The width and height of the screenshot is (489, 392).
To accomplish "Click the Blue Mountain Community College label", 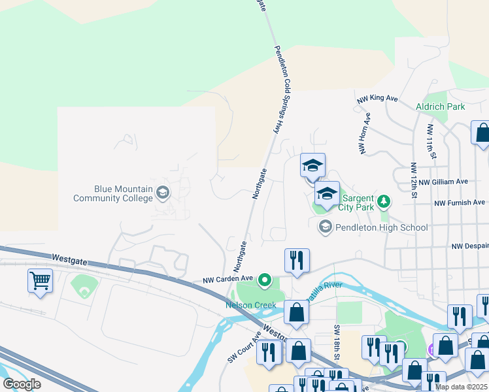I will click(x=113, y=193).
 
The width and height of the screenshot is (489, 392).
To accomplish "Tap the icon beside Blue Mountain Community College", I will click(x=163, y=192).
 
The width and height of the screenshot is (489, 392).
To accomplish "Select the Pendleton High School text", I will click(x=381, y=227).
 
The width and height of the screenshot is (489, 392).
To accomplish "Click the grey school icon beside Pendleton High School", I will click(x=324, y=227).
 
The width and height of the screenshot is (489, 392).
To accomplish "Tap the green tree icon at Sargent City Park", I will click(x=386, y=200).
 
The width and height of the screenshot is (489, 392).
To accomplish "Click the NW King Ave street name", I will click(x=377, y=99).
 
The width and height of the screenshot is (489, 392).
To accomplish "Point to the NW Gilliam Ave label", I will click(x=443, y=182).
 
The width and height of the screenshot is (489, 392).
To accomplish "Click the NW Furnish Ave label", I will click(x=460, y=203).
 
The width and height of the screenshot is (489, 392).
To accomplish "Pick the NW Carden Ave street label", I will click(x=228, y=278).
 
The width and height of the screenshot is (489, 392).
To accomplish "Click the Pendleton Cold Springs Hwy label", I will click(x=282, y=90).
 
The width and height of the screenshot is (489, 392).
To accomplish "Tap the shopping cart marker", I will click(x=40, y=282).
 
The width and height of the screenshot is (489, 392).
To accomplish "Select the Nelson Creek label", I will click(x=251, y=305).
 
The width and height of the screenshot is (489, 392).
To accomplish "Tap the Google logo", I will click(x=22, y=384).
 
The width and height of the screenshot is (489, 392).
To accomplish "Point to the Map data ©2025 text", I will click(x=462, y=387).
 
